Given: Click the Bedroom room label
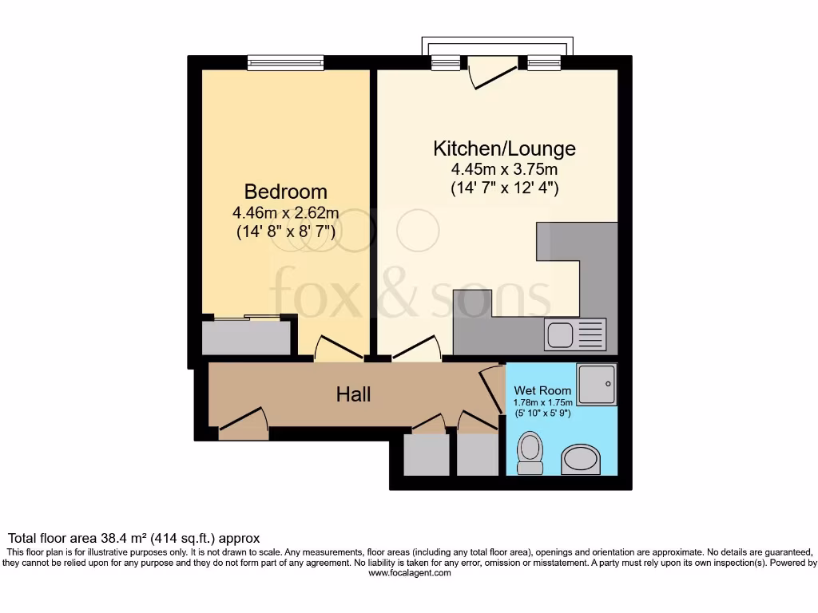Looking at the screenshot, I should click(285, 192).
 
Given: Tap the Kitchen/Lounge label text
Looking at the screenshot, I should click(504, 148).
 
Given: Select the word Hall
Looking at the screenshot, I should click(353, 394).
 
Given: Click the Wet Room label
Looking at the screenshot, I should click(542, 390).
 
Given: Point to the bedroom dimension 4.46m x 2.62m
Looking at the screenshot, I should click(285, 212).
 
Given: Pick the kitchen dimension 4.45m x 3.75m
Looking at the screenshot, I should click(504, 169).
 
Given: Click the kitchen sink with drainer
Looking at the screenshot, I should click(575, 334).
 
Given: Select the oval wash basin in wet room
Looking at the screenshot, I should click(581, 459).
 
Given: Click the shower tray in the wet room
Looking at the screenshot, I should click(596, 385).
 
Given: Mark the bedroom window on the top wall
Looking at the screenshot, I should click(285, 62).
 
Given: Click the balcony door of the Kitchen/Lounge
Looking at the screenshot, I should click(493, 72).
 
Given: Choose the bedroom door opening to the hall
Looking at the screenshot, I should click(339, 349).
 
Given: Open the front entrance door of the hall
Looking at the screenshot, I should click(244, 423).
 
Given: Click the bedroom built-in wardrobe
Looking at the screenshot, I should click(246, 337).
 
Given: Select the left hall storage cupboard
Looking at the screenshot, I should click(427, 453).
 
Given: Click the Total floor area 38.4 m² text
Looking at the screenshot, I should click(133, 539).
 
